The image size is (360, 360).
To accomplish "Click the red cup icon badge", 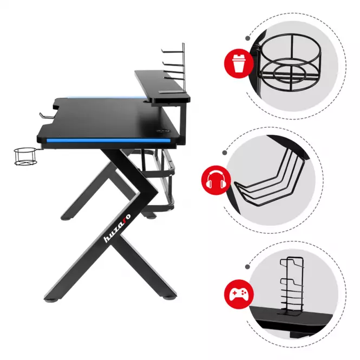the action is (x=239, y=63).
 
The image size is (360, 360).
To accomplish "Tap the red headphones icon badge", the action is (x=216, y=180).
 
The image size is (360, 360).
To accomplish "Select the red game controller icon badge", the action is (x=239, y=294).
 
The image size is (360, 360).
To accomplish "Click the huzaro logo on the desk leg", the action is (x=117, y=228).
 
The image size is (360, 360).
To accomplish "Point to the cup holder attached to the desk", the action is (x=25, y=156).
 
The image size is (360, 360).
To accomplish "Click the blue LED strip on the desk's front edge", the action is (x=109, y=140).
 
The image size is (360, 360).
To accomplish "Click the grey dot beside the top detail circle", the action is (x=248, y=38).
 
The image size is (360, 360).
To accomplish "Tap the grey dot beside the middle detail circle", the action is (x=225, y=153).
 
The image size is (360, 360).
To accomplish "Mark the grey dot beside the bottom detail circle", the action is (x=247, y=266).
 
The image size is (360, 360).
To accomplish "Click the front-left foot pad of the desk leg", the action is (x=51, y=299).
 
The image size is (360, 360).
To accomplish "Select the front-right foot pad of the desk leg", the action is (x=169, y=298).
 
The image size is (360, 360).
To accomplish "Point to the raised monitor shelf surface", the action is (x=162, y=84).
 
